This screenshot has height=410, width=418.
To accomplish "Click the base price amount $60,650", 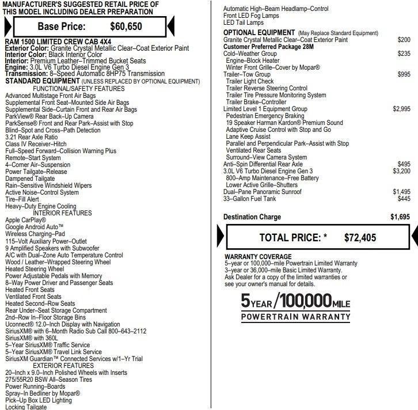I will pos(127,26).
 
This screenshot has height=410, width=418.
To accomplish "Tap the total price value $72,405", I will pos(360,237).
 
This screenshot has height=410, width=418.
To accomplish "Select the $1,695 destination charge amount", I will pos(400,217).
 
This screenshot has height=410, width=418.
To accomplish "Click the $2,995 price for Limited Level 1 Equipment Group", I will pos(401,109).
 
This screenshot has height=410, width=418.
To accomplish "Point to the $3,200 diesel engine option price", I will pos(401,171).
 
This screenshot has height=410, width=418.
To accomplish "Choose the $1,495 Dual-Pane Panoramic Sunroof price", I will pos(401,191).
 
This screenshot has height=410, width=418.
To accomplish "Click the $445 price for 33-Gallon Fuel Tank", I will pos(404,198).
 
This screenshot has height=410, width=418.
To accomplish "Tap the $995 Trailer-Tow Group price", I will pos(404,74).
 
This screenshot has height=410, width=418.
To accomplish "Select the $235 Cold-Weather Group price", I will pos(404,54).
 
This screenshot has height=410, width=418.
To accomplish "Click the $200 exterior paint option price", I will pos(404,40).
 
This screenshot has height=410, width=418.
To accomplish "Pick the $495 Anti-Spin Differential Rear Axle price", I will pos(404,164).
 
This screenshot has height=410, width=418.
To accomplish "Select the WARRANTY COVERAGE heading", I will pos(258,257).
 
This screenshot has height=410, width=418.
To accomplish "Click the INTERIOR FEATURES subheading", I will pos(62,213).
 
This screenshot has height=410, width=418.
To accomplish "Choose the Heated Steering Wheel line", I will pos(35,269).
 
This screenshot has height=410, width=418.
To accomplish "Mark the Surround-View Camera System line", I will pos(266,157).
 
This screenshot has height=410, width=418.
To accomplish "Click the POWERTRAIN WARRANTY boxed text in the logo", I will pos(295,317).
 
